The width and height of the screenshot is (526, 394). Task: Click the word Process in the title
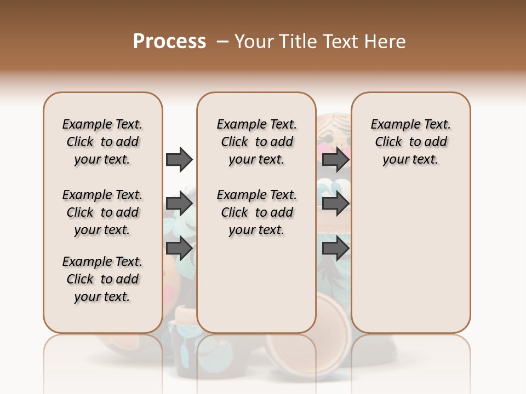169,41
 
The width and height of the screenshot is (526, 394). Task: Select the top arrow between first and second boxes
179,159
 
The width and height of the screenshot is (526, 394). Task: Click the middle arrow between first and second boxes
179,204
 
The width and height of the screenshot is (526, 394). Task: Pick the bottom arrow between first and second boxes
179,248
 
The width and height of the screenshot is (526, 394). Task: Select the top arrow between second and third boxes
335,159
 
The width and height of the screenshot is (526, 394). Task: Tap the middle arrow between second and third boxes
335,204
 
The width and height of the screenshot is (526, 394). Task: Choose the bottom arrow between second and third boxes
335,248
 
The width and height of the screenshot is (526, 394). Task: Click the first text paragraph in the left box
102,142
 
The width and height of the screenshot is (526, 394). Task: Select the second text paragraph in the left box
102,212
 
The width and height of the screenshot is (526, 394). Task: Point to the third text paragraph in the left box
102,279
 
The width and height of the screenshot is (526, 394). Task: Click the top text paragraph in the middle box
256,142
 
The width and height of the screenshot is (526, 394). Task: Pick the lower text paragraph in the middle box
256,212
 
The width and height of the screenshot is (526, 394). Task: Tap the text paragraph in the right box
410,142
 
